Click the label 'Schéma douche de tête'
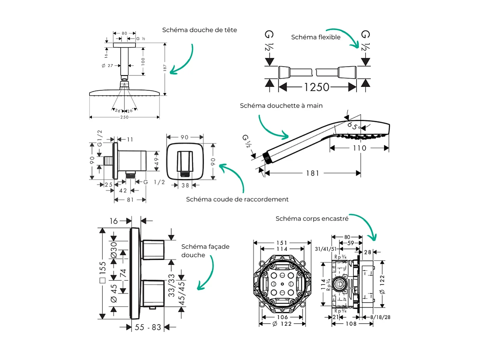coord(199,30)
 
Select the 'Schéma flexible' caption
coord(316,37)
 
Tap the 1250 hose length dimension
coord(316,87)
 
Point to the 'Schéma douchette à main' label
coord(281,106)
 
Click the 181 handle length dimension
coord(312,173)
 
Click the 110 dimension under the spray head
coord(359,148)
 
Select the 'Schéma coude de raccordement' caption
coord(237,199)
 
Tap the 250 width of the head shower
coord(124,117)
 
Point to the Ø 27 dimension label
coord(107,66)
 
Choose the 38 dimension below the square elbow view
coord(185,185)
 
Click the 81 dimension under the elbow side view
coord(130,200)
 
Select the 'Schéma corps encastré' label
coord(312,219)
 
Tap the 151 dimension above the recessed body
coord(282,242)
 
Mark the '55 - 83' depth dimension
coord(148,328)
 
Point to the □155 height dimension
coord(103,272)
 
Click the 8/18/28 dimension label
coord(380,318)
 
